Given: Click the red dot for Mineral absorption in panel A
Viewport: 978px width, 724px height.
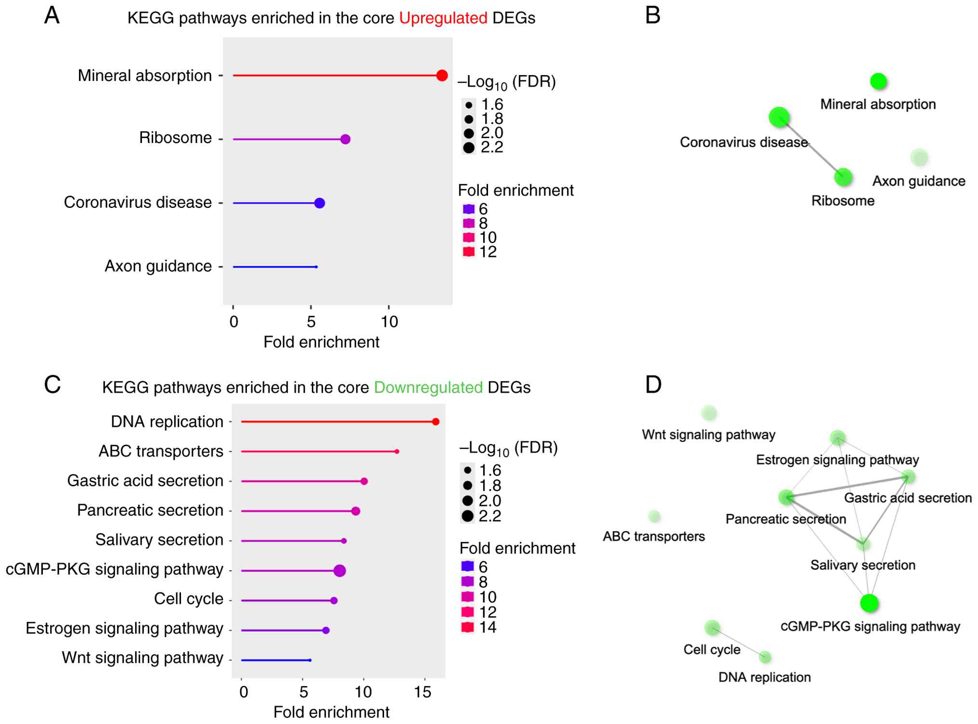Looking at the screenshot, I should point(442,76).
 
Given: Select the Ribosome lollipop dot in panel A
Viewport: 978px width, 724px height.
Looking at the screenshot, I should point(345,139).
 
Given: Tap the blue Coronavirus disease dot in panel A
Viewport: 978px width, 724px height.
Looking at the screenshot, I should point(320,203).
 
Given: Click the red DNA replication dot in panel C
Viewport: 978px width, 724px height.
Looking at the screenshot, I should point(436,422).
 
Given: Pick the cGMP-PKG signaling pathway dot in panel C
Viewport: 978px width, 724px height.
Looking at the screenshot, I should point(340,571).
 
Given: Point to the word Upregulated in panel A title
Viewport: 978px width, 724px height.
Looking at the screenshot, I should point(443,18).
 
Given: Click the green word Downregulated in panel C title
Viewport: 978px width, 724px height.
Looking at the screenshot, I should point(428,388).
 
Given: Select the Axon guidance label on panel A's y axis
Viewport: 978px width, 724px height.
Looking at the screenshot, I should point(158,266).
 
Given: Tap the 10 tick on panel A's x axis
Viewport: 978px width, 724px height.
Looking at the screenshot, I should point(389,322).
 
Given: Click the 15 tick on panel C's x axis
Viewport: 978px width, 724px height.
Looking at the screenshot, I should point(423,692).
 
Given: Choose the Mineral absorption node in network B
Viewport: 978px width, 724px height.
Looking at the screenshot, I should point(878,81).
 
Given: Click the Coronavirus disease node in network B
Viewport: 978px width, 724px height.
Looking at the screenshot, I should point(779,117).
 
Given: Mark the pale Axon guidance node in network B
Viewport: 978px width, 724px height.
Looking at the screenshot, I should point(919,157).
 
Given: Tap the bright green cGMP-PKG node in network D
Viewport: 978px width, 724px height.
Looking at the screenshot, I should point(869,603).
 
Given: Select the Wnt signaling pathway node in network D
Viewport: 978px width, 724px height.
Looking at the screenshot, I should point(709,413).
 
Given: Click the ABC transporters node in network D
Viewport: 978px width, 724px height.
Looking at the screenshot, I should point(654,516).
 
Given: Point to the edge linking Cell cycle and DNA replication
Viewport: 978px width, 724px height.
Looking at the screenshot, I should point(739,643).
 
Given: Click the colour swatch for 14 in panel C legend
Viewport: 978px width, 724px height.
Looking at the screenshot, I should point(468,627).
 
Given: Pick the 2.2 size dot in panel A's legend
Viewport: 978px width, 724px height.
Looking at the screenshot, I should point(469,148).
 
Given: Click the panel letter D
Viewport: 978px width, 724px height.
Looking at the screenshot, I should point(653,385).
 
